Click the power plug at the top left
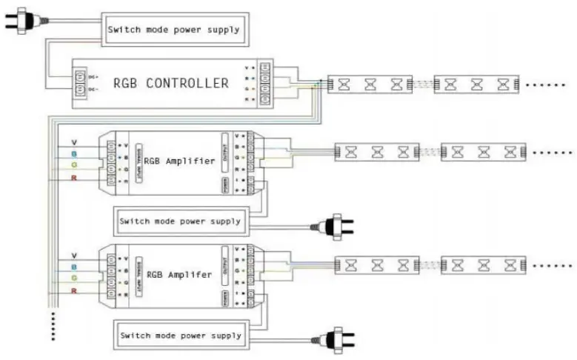click(23, 22)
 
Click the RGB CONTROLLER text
click(171, 83)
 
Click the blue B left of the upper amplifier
click(73, 154)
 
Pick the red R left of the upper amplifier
click(73, 180)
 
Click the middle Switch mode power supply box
click(179, 221)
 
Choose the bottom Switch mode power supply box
click(179, 335)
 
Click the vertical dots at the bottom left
click(53, 327)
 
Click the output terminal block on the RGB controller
click(265, 83)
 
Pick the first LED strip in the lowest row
click(377, 264)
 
